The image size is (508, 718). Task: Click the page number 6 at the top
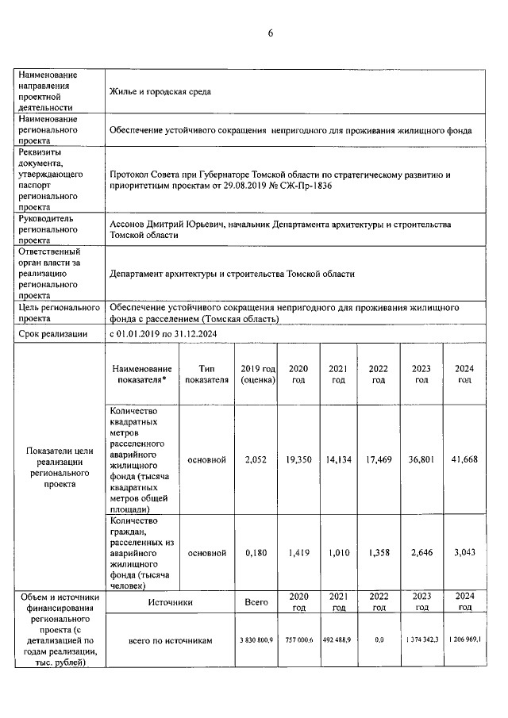(x=270, y=33)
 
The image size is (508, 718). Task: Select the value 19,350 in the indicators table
(x=298, y=460)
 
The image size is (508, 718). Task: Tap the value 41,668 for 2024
(x=464, y=460)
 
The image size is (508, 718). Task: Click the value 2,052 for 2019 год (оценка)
(x=257, y=460)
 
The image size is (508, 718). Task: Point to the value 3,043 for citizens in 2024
(x=464, y=552)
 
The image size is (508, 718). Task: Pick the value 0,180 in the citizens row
(x=257, y=552)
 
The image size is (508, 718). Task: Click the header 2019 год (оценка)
(x=257, y=374)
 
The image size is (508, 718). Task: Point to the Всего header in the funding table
(x=257, y=602)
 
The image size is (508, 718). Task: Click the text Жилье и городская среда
(x=160, y=90)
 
